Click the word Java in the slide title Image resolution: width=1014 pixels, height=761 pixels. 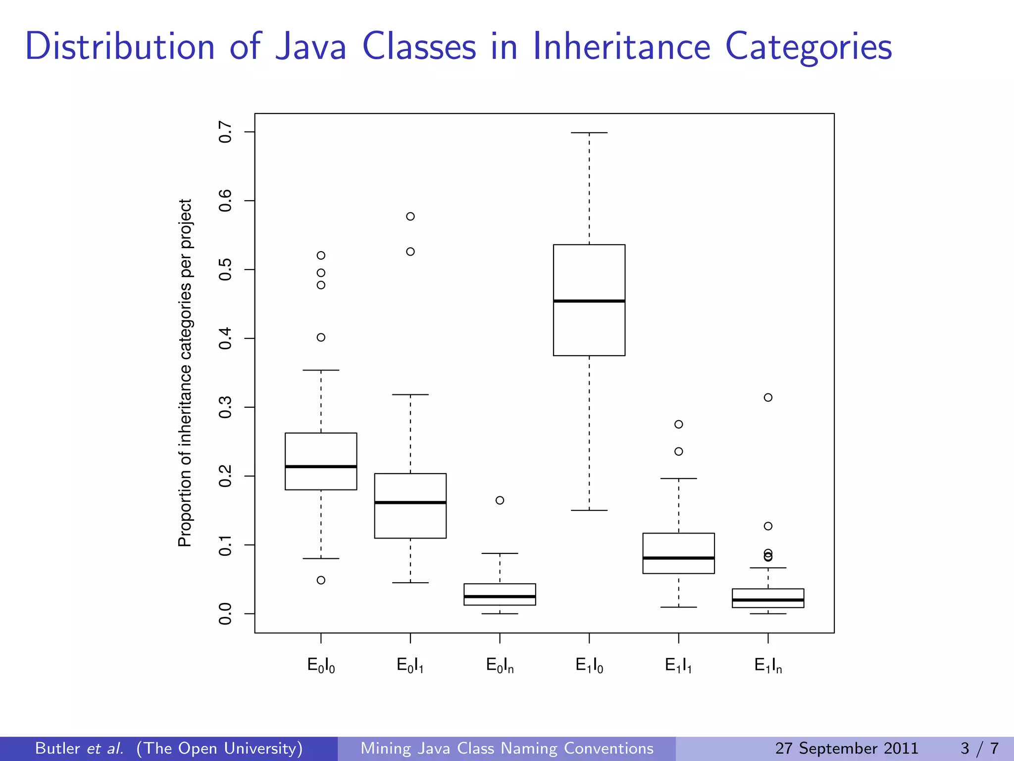[310, 47]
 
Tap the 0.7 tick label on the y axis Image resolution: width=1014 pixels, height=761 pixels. [226, 132]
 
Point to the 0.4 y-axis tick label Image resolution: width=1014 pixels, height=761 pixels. [226, 338]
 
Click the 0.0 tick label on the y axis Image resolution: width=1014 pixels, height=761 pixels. [226, 614]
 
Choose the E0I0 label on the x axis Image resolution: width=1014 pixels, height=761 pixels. [321, 665]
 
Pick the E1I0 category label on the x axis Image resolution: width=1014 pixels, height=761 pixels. [589, 665]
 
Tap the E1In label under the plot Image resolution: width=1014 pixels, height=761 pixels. [768, 665]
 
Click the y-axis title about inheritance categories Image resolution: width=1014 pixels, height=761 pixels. [185, 373]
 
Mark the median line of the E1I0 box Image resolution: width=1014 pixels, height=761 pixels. [589, 301]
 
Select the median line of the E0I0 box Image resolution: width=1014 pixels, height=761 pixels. [321, 466]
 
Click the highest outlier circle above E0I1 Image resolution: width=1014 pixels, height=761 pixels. [410, 217]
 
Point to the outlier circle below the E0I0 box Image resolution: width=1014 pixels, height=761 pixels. [321, 580]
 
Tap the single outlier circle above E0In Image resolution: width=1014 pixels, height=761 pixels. [500, 500]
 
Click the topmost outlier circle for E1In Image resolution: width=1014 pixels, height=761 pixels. [768, 397]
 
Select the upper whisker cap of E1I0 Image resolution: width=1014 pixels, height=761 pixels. [589, 133]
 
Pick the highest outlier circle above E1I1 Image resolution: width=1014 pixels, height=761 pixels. [679, 424]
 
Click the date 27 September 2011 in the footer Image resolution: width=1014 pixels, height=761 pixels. [847, 748]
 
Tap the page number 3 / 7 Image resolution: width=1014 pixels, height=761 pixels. [979, 748]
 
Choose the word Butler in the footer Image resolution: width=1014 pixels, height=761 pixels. [57, 748]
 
